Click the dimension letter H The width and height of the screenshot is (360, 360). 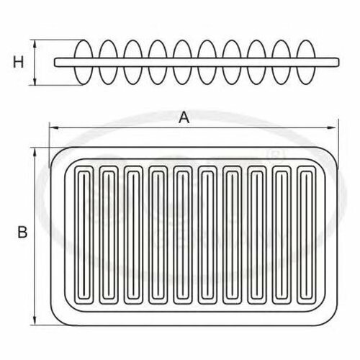(x=18, y=62)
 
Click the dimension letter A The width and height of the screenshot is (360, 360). (x=184, y=117)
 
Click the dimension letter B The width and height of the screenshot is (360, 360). (x=22, y=232)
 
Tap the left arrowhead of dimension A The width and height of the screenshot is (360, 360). (x=54, y=128)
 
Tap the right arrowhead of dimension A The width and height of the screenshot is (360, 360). (x=333, y=128)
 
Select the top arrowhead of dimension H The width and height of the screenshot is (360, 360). (x=35, y=45)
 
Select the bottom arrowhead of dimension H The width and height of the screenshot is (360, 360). (x=35, y=81)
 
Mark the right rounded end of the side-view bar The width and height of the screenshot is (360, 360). (x=338, y=62)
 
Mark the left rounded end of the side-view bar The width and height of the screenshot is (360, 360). (x=55, y=62)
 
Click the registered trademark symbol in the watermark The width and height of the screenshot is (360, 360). (x=276, y=156)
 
